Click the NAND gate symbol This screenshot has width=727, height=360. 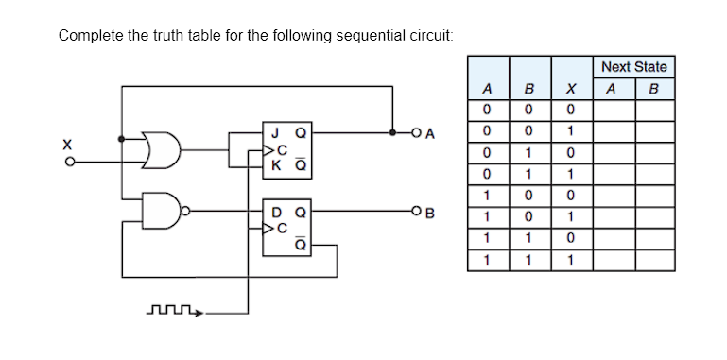coord(159,210)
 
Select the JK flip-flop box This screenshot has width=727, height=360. coord(286,149)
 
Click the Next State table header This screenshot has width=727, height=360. coord(633,66)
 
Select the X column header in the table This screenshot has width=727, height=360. coord(570,91)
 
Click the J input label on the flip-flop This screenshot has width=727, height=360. coord(275,133)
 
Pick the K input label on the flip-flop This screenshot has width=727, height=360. coord(275,164)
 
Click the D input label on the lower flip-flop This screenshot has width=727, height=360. coord(275,211)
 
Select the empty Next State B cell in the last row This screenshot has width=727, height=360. coord(654,257)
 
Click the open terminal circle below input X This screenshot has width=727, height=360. coord(66,161)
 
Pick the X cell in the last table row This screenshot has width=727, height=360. coord(570,257)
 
